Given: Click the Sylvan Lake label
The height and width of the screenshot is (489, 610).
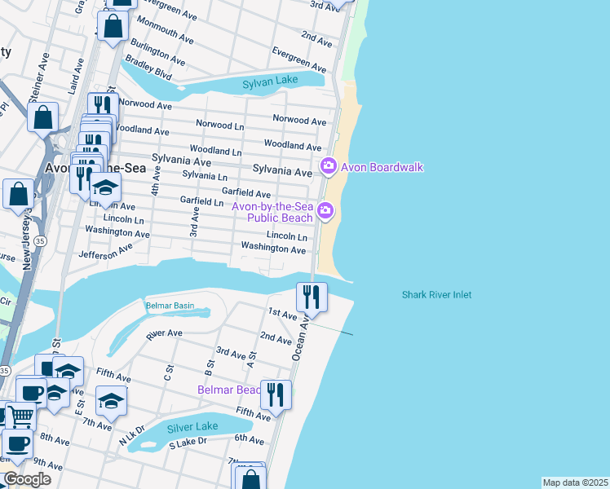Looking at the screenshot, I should (x=271, y=82).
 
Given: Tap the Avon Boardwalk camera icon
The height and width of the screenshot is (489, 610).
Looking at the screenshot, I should (x=329, y=167).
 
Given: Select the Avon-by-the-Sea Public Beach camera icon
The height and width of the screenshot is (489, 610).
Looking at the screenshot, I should (x=325, y=212).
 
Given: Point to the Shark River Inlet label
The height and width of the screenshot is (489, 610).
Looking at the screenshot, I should (x=436, y=295).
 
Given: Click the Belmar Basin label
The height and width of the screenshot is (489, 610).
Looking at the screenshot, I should (x=170, y=306).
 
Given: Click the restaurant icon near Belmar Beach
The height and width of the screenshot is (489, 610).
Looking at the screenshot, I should (x=276, y=394).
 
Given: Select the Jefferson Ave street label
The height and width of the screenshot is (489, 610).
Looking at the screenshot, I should (x=105, y=254).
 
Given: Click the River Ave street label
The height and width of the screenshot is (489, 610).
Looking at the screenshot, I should (x=163, y=334).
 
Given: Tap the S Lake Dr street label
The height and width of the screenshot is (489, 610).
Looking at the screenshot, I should (x=188, y=444).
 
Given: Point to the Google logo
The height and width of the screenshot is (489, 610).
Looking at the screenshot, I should (x=27, y=479).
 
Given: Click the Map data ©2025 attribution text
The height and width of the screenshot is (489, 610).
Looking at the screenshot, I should (x=576, y=482).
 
